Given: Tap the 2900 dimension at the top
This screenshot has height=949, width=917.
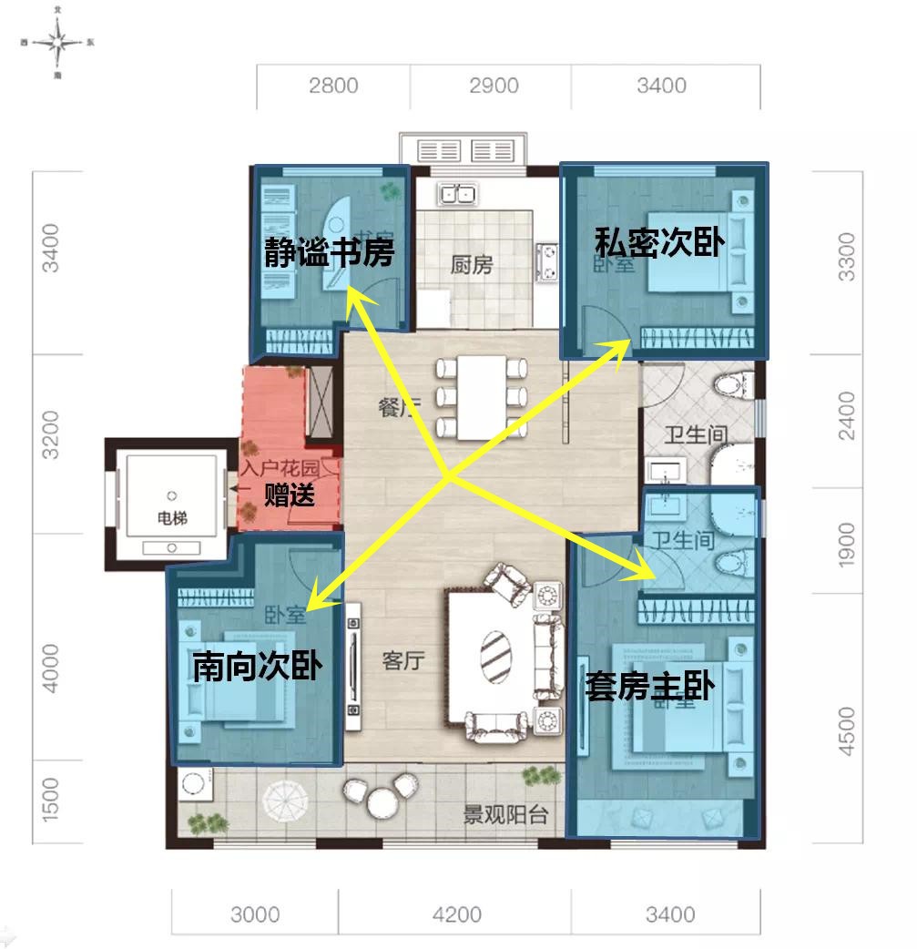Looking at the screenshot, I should pos(493,86).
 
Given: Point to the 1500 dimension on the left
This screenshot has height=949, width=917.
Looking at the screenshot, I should pos(50,798).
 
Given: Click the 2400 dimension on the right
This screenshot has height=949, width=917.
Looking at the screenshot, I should pos(847,416).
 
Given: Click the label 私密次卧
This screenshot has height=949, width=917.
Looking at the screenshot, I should pos(658,243).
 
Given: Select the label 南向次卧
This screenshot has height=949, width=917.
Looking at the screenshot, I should pos(257,668).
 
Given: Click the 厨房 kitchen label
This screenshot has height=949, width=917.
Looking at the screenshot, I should pos(471,265).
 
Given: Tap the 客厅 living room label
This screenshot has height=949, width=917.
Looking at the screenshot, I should pos(403,660).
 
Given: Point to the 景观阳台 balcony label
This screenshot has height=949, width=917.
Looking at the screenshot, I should pos(505,813).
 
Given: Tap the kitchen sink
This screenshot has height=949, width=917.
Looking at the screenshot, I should pos(457,194).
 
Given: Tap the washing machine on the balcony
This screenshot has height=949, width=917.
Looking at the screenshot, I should pos(194,785).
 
